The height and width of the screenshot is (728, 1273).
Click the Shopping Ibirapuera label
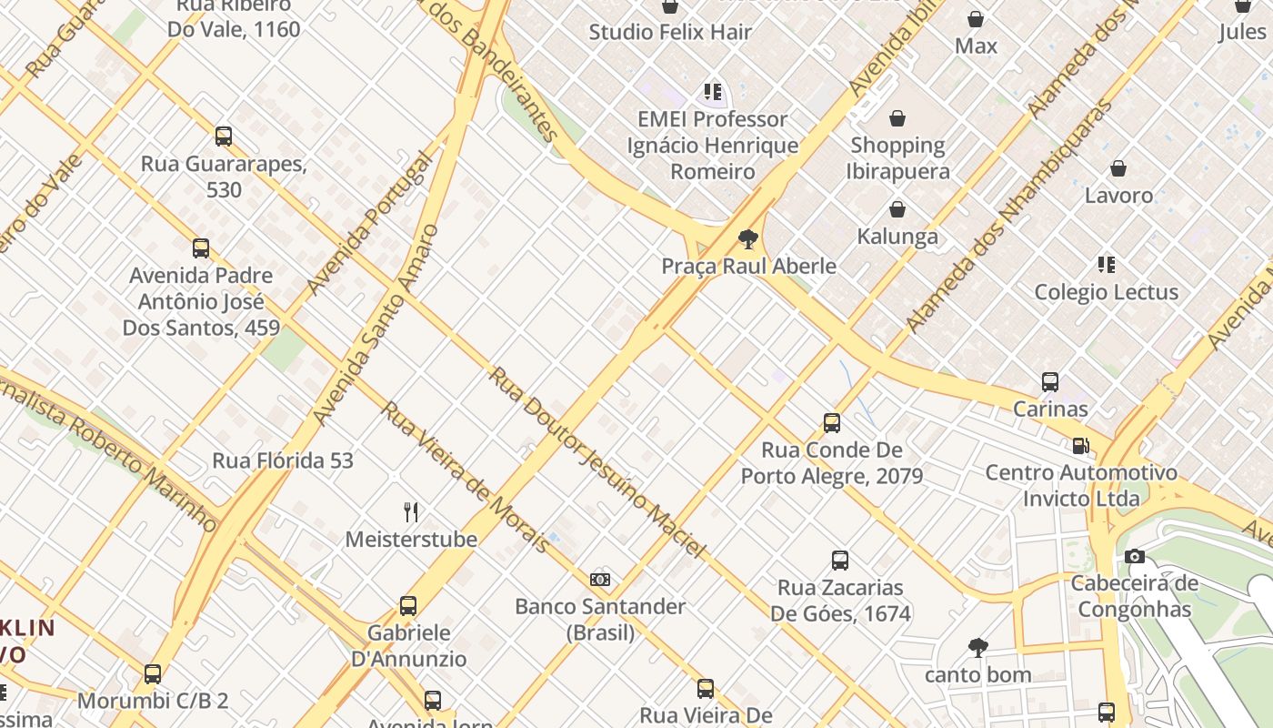click(x=897, y=158)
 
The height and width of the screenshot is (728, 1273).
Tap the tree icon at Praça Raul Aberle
click(x=748, y=240)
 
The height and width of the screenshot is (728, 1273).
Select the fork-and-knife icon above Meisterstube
click(x=411, y=512)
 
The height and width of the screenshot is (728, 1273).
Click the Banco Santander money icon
click(x=600, y=580)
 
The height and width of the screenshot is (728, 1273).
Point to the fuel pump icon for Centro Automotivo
click(x=1080, y=446)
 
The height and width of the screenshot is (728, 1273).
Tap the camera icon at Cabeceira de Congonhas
click(x=1134, y=557)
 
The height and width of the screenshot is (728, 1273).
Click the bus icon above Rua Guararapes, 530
click(x=224, y=136)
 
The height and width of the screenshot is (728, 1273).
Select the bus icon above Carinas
click(x=1050, y=382)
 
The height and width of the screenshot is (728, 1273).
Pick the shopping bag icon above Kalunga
click(x=897, y=210)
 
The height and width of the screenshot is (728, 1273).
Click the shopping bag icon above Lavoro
click(x=1118, y=168)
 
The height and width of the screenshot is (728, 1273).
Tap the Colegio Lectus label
click(x=1106, y=292)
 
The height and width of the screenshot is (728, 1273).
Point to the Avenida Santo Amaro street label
click(x=376, y=325)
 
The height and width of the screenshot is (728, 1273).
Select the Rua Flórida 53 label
click(x=283, y=460)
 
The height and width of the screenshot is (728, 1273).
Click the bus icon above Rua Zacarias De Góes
click(x=840, y=561)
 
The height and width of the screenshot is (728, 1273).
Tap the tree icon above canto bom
click(x=977, y=648)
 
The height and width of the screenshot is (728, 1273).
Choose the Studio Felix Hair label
click(x=670, y=32)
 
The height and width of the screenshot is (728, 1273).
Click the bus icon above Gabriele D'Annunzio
click(x=408, y=606)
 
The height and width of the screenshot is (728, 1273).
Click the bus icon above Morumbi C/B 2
click(x=153, y=674)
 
